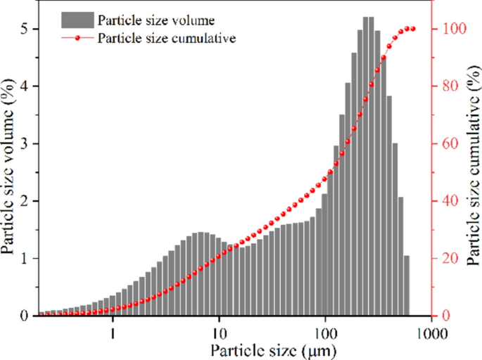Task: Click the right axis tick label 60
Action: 448,143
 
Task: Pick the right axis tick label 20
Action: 448,259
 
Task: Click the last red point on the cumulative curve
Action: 413,29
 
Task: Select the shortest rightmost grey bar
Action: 407,285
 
